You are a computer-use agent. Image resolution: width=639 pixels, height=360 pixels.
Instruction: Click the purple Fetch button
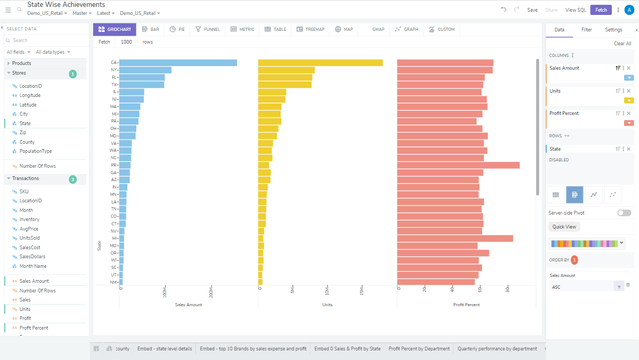[x=601, y=10]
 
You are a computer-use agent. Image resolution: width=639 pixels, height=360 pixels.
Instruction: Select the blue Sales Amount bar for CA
[x=178, y=63]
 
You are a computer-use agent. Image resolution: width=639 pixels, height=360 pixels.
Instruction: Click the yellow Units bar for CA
[x=320, y=63]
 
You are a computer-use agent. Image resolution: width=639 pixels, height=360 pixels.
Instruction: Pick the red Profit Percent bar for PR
[x=458, y=165]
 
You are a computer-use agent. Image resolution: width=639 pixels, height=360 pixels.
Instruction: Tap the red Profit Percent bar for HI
[x=455, y=238]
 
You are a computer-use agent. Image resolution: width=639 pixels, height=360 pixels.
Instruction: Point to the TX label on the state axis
[x=114, y=85]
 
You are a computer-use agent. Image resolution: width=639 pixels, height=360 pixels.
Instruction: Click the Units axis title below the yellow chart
[x=327, y=305]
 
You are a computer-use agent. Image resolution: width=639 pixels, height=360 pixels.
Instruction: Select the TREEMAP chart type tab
[x=310, y=29]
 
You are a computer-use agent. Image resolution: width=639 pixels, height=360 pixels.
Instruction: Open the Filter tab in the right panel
[x=586, y=30]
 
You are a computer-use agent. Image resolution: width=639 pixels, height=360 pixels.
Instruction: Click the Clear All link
[x=622, y=44]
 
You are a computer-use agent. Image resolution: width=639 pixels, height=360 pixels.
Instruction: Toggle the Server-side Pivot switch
[x=624, y=213]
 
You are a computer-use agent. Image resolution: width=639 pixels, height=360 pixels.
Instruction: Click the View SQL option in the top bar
[x=575, y=10]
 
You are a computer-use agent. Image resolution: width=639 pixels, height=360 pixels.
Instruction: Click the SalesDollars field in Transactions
[x=32, y=257]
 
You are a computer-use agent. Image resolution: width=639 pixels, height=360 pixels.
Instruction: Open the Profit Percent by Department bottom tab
[x=419, y=349]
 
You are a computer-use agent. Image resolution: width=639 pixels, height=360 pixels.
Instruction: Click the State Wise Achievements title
[x=66, y=4]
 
